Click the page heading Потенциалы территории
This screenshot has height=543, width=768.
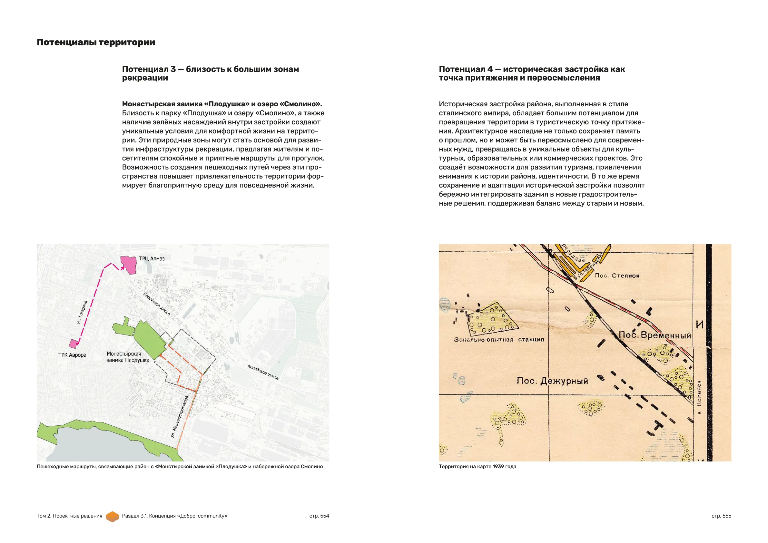pyautogui.click(x=96, y=43)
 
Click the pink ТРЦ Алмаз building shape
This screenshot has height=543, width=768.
pyautogui.click(x=129, y=265)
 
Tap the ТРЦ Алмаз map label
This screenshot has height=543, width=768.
pyautogui.click(x=152, y=258)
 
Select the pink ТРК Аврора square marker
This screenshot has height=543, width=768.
pyautogui.click(x=73, y=344)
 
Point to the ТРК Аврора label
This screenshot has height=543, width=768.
pyautogui.click(x=72, y=355)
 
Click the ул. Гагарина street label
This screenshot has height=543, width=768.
pyautogui.click(x=82, y=312)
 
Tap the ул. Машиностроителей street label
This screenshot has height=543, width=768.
pyautogui.click(x=180, y=416)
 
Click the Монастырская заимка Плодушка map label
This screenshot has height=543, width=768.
pyautogui.click(x=127, y=357)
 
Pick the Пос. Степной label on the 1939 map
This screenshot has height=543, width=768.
pyautogui.click(x=617, y=276)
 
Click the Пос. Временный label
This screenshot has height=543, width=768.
pyautogui.click(x=655, y=335)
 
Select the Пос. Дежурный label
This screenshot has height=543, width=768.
pyautogui.click(x=552, y=381)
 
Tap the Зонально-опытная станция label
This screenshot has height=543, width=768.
pyautogui.click(x=499, y=340)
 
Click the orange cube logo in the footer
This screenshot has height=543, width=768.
pyautogui.click(x=113, y=516)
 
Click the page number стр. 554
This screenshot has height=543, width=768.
pyautogui.click(x=319, y=516)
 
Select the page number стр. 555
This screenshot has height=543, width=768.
pyautogui.click(x=721, y=516)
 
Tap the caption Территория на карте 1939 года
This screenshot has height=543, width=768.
pyautogui.click(x=477, y=466)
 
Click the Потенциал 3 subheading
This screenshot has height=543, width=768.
pyautogui.click(x=210, y=73)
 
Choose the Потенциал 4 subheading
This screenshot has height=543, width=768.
pyautogui.click(x=532, y=73)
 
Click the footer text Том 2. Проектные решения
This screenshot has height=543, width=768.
pyautogui.click(x=69, y=516)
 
